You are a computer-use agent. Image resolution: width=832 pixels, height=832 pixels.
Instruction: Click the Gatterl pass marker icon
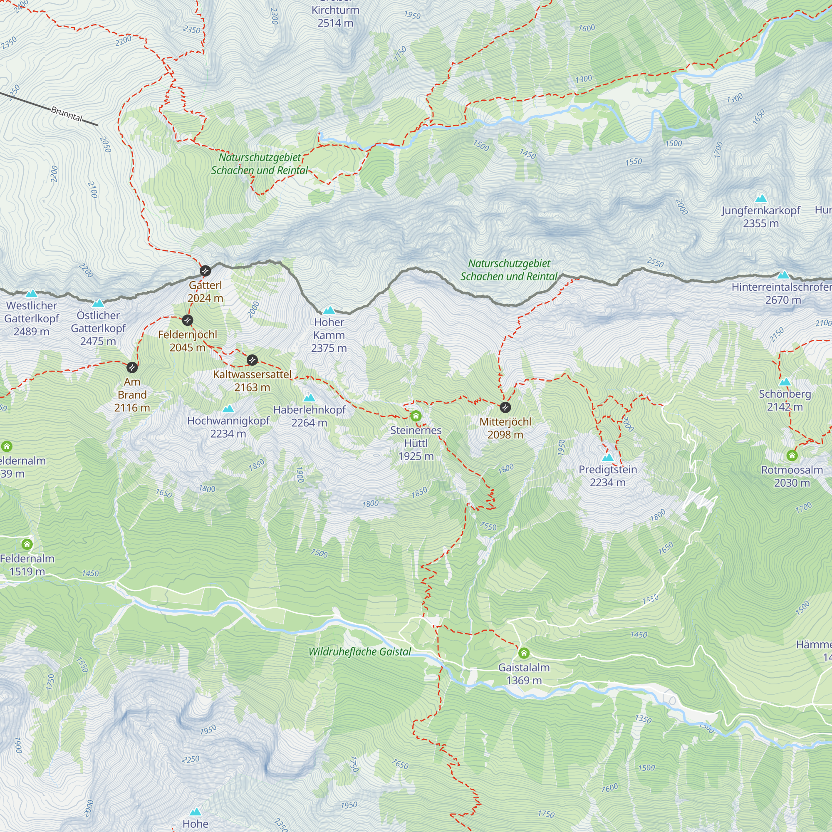(x=205, y=270)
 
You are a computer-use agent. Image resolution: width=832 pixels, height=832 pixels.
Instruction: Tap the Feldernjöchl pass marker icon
(x=187, y=320)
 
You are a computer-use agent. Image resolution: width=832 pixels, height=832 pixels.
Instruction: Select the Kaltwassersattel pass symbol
(x=253, y=359)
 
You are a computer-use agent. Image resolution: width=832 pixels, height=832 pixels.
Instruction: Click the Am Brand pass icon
(x=132, y=367)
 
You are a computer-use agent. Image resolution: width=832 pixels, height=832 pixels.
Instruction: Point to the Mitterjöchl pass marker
(x=505, y=407)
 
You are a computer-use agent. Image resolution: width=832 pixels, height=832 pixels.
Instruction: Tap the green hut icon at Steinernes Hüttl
(x=416, y=416)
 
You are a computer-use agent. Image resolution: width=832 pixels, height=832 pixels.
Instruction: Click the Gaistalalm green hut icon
(x=524, y=653)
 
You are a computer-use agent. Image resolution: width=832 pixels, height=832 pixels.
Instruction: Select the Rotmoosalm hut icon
(x=792, y=455)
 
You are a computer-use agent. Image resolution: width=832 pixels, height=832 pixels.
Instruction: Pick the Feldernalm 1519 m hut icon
(x=27, y=544)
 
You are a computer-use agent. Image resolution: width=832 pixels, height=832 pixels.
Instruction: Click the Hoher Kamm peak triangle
(x=329, y=310)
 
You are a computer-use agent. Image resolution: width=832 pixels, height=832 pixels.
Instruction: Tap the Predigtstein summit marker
(x=608, y=457)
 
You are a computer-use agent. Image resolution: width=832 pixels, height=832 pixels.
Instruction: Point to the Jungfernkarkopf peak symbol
(x=761, y=198)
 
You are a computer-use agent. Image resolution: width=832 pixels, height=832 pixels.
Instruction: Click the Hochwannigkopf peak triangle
(x=228, y=408)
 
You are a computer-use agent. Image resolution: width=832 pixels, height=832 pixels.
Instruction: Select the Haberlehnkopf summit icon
(x=309, y=397)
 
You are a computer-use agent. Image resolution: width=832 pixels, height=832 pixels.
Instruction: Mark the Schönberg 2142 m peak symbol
(x=785, y=382)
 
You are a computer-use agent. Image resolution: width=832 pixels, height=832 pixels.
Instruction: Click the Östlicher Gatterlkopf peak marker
(x=98, y=303)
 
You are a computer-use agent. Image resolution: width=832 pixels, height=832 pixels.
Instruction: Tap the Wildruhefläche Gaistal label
(x=359, y=651)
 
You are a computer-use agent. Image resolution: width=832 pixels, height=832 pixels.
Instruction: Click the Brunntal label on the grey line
(x=67, y=114)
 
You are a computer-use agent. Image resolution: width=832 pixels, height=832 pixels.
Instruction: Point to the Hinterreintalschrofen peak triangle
(x=783, y=275)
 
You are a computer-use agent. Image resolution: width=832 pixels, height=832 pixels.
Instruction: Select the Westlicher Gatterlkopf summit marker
(x=31, y=294)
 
